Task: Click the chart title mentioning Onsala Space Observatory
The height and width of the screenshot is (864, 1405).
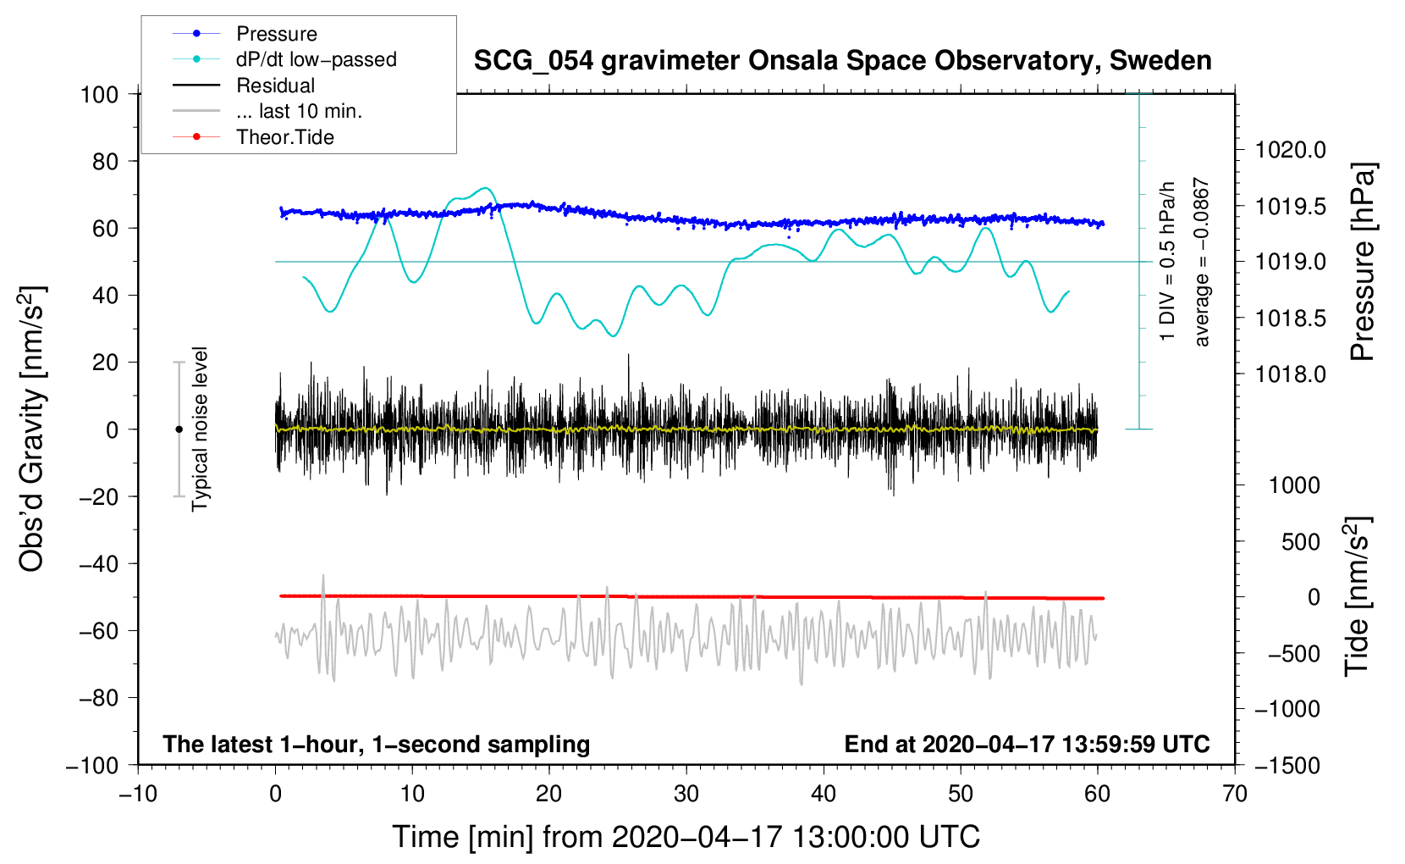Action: pos(842,61)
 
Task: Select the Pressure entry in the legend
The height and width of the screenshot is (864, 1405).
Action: pos(276,34)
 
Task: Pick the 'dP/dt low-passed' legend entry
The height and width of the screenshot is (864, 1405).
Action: pos(316,59)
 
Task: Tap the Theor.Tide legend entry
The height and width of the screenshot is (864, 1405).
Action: pos(284,137)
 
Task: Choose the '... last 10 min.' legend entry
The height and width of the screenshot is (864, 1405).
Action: pos(299,111)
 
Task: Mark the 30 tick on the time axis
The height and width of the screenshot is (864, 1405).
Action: pos(686,794)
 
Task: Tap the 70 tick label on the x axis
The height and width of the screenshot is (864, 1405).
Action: pos(1235,794)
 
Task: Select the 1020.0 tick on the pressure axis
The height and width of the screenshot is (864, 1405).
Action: pos(1290,150)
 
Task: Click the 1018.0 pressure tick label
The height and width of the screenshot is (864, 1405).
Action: pos(1290,374)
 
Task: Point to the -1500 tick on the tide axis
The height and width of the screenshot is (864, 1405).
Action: pos(1287,765)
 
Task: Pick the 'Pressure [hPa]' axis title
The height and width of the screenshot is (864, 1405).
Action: pos(1363,262)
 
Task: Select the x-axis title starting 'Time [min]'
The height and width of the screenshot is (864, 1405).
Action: pos(686,837)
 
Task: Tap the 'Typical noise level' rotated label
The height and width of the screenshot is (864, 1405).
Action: pos(200,429)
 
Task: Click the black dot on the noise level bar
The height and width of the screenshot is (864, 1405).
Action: pos(179,429)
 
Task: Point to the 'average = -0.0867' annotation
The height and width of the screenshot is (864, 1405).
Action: pos(1202,262)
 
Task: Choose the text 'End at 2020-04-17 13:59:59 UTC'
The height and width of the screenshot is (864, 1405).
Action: pos(1027,744)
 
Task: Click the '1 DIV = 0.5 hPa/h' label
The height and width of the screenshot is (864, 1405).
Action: pos(1168,262)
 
